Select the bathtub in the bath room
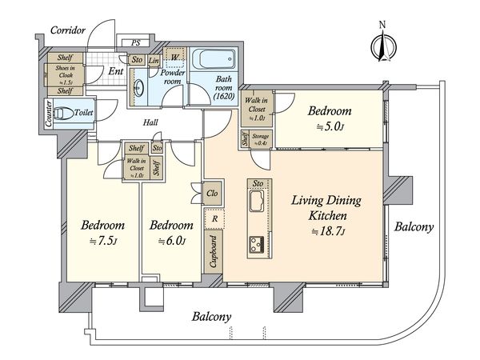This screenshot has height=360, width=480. [214, 61]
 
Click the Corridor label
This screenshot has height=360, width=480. [68, 30]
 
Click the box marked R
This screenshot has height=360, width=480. [214, 218]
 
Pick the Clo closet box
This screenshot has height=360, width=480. [213, 193]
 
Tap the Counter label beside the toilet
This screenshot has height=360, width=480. [49, 117]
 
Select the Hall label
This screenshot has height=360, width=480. [150, 123]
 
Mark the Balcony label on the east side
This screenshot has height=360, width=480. [414, 227]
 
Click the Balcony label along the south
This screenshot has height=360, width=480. [211, 317]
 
